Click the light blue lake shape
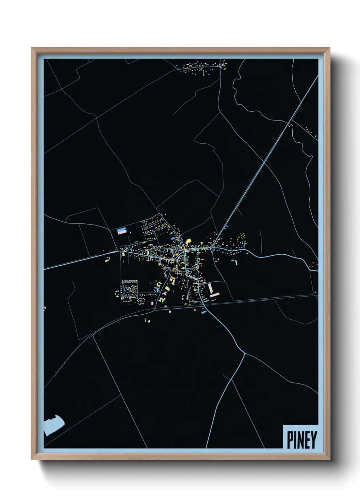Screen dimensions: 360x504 [53, 425]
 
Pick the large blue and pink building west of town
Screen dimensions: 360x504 [122, 231]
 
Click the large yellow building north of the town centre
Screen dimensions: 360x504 [188, 241]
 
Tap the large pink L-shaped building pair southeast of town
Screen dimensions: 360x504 [212, 290]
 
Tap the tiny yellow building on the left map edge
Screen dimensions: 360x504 [45, 308]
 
